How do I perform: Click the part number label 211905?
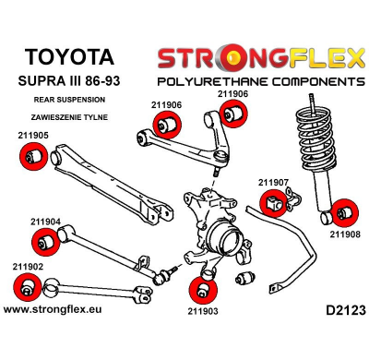(33, 135)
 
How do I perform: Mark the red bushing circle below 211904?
(45, 243)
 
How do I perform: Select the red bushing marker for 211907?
(274, 203)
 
